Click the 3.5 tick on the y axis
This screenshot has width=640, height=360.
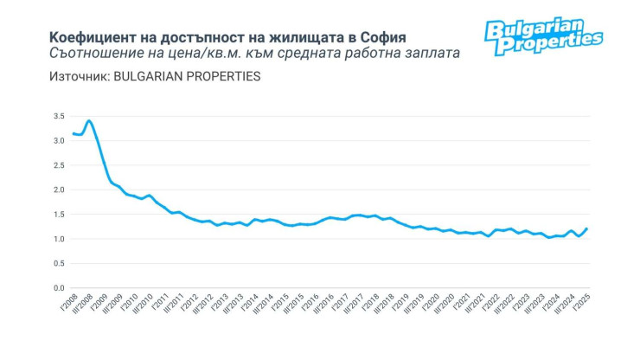[x=59, y=116]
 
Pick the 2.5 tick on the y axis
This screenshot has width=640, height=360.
[x=59, y=165]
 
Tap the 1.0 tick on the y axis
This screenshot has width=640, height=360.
[x=59, y=239]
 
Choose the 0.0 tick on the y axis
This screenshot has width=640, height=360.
[x=59, y=288]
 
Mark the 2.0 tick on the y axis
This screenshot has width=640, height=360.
[x=59, y=190]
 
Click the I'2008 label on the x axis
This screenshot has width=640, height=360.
[x=67, y=309]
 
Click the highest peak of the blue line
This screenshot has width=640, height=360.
[x=89, y=120]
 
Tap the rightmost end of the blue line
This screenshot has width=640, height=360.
[x=586, y=229]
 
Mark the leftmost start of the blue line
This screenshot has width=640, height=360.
[x=73, y=133]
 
